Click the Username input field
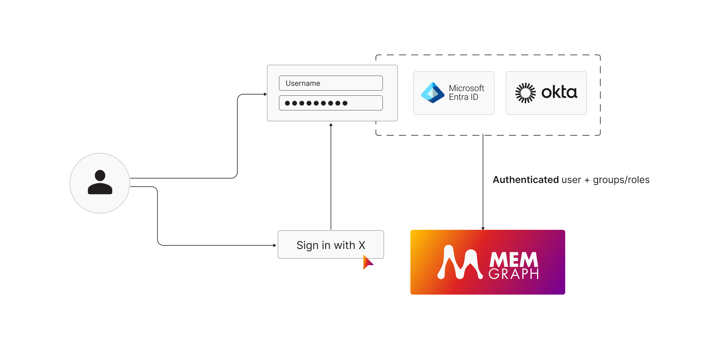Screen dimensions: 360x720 click(331, 83)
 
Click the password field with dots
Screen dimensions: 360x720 click(331, 103)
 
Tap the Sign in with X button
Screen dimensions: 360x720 click(331, 244)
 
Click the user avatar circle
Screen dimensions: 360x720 click(100, 183)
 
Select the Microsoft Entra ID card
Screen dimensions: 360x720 click(454, 93)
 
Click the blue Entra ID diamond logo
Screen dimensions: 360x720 click(432, 93)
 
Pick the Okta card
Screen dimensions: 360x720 click(546, 93)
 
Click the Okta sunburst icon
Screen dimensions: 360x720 click(525, 93)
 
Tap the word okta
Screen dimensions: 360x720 click(559, 92)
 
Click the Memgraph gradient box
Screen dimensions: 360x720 click(487, 262)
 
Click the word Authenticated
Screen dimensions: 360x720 click(526, 180)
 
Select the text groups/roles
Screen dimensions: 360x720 click(621, 180)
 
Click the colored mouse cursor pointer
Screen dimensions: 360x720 click(367, 262)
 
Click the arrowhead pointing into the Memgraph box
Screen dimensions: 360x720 click(483, 228)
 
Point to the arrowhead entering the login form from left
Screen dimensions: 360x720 click(265, 94)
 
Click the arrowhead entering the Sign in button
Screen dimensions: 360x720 click(274, 245)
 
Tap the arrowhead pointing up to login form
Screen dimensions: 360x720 click(331, 124)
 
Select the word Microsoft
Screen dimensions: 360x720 click(466, 88)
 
